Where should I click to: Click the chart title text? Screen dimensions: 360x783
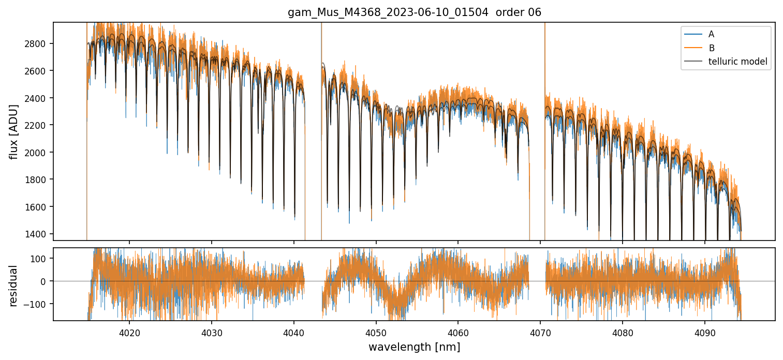point(414,12)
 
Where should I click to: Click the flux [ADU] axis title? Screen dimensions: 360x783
point(14,131)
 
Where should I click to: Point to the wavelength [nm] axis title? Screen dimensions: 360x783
point(414,347)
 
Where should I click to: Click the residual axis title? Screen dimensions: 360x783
point(14,286)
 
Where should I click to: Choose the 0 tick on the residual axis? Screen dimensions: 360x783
point(46,281)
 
